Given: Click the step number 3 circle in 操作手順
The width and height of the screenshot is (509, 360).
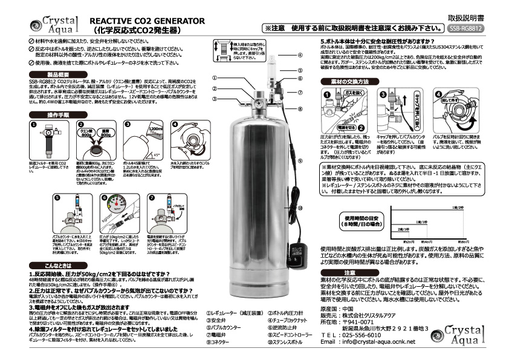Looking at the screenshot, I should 128,123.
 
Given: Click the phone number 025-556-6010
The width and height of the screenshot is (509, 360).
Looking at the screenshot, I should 364,334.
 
